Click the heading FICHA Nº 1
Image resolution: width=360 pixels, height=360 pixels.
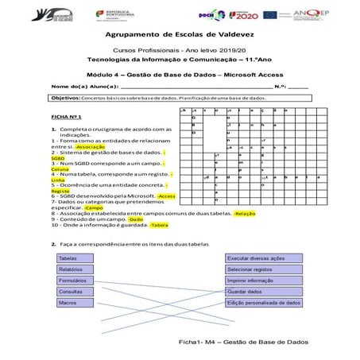67,116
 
